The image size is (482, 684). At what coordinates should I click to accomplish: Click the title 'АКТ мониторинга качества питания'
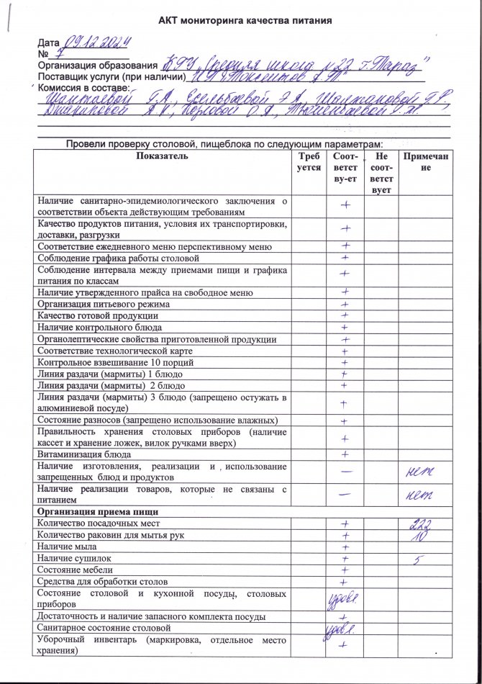(245, 20)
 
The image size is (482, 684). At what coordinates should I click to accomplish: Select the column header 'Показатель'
(161, 156)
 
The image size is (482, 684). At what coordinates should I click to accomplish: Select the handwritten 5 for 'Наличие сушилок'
(419, 559)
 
